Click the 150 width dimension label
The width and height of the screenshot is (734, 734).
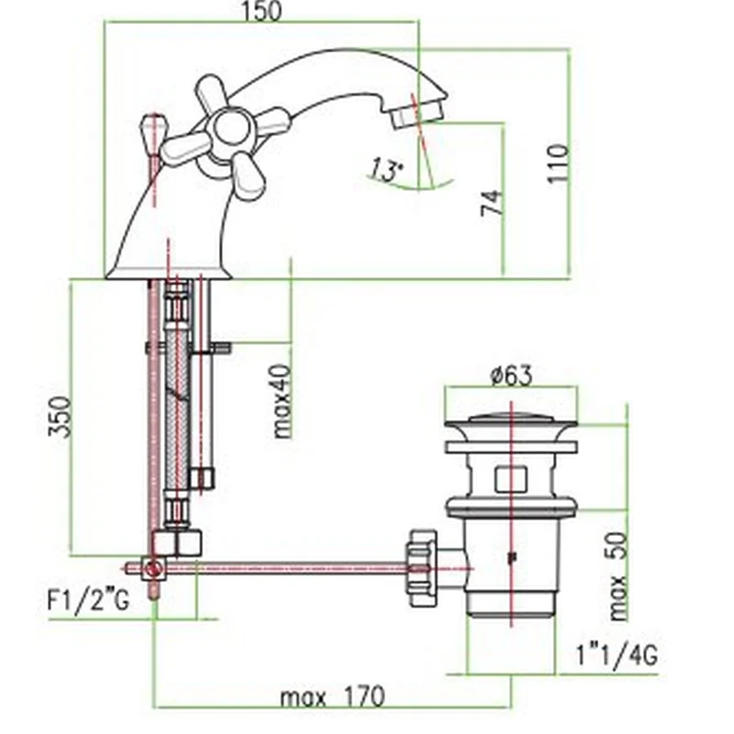click(x=262, y=11)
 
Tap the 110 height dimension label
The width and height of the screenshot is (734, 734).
click(x=559, y=163)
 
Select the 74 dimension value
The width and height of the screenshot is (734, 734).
click(x=493, y=202)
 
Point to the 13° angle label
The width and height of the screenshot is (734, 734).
click(x=386, y=170)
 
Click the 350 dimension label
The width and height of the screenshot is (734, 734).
click(x=61, y=417)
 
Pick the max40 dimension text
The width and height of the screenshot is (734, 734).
click(x=282, y=402)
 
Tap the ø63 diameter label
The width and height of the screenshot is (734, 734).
click(x=511, y=375)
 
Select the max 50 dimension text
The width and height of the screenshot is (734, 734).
click(x=618, y=576)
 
